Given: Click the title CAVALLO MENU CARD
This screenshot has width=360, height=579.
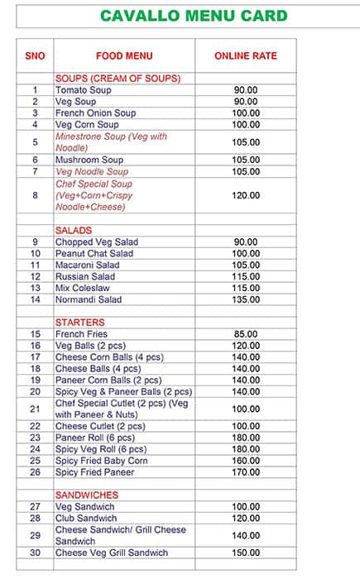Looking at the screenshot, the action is tap(194, 16).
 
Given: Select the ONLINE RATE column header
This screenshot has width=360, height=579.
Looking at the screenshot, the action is tap(246, 56).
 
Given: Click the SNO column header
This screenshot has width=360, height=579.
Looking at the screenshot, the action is tap(36, 56).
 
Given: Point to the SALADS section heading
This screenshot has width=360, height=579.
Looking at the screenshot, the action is tap(74, 230).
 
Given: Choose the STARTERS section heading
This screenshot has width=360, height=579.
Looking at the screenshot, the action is tap(80, 323).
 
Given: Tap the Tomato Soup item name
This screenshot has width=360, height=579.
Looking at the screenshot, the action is tap(83, 90).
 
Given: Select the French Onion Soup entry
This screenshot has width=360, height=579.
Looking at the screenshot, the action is tap(95, 113).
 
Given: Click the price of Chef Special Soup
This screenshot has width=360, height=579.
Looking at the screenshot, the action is tap(246, 196).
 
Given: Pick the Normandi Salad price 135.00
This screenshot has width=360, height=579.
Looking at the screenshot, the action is tap(246, 299).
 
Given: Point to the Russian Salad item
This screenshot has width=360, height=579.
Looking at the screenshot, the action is tap(85, 276).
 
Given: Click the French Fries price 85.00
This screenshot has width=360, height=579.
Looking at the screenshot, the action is tap(246, 334).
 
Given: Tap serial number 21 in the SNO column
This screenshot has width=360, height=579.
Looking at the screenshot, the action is tap(36, 409).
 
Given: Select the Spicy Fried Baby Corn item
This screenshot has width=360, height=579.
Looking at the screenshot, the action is tap(101, 461).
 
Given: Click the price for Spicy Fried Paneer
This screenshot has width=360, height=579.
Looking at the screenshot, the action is tap(246, 472).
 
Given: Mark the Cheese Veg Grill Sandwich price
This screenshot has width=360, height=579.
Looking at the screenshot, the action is tap(246, 553).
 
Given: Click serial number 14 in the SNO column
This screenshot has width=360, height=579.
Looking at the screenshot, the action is tap(36, 299).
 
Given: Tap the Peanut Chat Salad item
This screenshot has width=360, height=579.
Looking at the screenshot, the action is tap(94, 253).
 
